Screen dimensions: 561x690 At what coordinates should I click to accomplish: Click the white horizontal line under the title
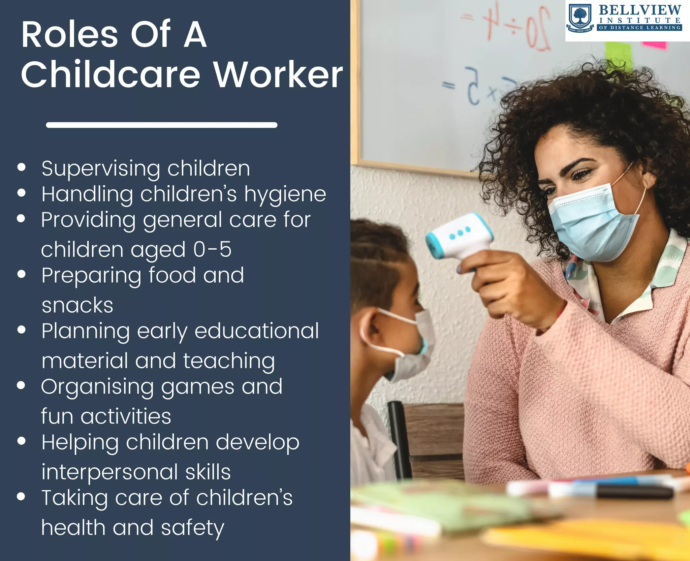click(x=162, y=125)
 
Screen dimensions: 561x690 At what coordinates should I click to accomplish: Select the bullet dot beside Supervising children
click(x=22, y=167)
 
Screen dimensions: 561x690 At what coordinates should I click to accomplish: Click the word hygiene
click(x=285, y=194)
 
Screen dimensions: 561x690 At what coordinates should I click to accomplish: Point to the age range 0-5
click(x=212, y=249)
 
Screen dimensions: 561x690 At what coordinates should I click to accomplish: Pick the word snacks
click(x=77, y=305)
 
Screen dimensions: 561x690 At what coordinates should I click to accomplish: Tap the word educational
click(x=257, y=331)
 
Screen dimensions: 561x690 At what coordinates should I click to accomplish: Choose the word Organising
click(x=97, y=387)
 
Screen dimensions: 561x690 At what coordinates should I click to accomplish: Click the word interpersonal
click(x=109, y=472)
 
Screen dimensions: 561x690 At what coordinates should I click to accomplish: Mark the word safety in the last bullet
click(x=192, y=528)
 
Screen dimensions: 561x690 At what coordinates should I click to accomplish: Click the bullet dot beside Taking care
click(x=21, y=496)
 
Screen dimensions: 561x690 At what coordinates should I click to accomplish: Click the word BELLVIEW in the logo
click(x=640, y=10)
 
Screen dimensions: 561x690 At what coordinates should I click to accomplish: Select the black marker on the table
click(x=633, y=493)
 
